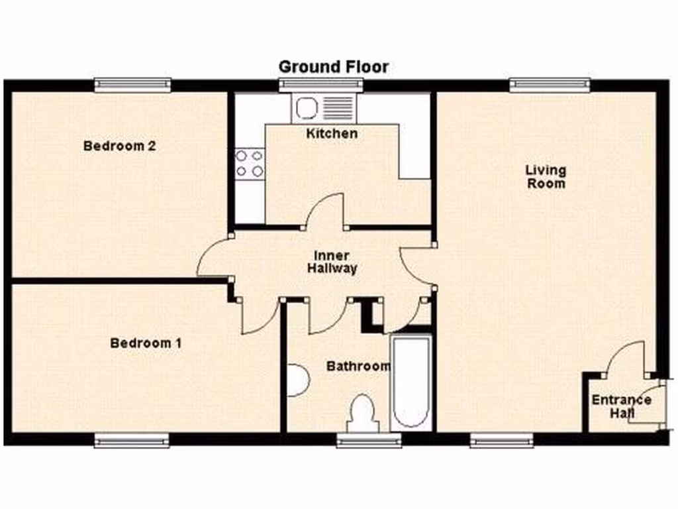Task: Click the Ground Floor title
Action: [333, 67]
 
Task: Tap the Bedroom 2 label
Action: [119, 146]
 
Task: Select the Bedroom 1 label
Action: [146, 343]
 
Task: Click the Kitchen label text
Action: [332, 133]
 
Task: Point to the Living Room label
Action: [546, 176]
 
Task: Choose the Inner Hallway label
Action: [332, 262]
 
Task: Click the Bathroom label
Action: [358, 366]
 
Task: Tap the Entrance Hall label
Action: [621, 406]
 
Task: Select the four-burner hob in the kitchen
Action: [250, 163]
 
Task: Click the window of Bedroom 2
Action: [132, 84]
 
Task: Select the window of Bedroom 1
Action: [131, 440]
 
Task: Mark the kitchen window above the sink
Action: [321, 84]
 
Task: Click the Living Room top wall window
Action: [550, 84]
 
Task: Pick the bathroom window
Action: [368, 440]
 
